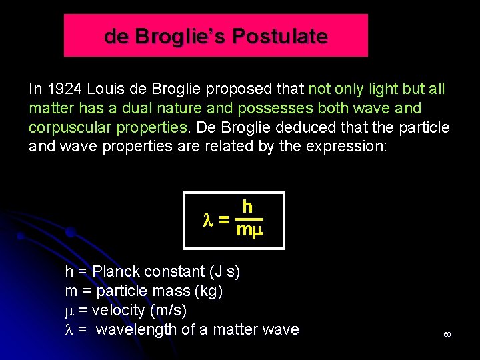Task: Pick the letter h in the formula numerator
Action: [247, 207]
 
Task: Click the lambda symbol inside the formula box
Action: [207, 220]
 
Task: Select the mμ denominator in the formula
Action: [250, 231]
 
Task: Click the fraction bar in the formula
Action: [250, 219]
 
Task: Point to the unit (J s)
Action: [224, 272]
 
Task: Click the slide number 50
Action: [447, 333]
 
